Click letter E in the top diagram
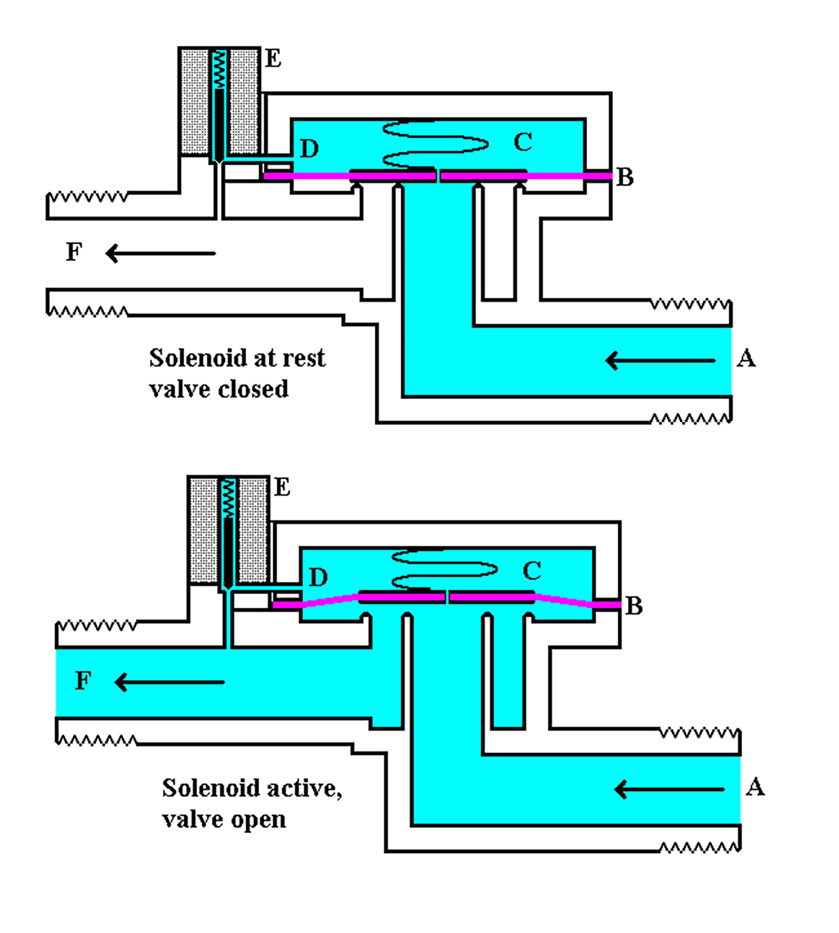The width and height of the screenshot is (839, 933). pos(273,59)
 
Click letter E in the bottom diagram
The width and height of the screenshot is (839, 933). pos(282,487)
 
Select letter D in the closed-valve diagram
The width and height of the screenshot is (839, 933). pos(309,149)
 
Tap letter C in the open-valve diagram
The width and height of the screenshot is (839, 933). pos(531,571)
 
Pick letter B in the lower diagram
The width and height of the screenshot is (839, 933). pos(634,606)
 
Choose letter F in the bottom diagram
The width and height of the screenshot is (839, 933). pos(83,681)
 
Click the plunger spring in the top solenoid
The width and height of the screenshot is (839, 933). pos(220,69)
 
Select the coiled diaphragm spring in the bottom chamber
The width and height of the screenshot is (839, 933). pos(444,570)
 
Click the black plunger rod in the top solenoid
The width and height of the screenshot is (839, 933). pos(219,125)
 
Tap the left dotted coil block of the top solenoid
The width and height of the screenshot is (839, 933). pos(194,102)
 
